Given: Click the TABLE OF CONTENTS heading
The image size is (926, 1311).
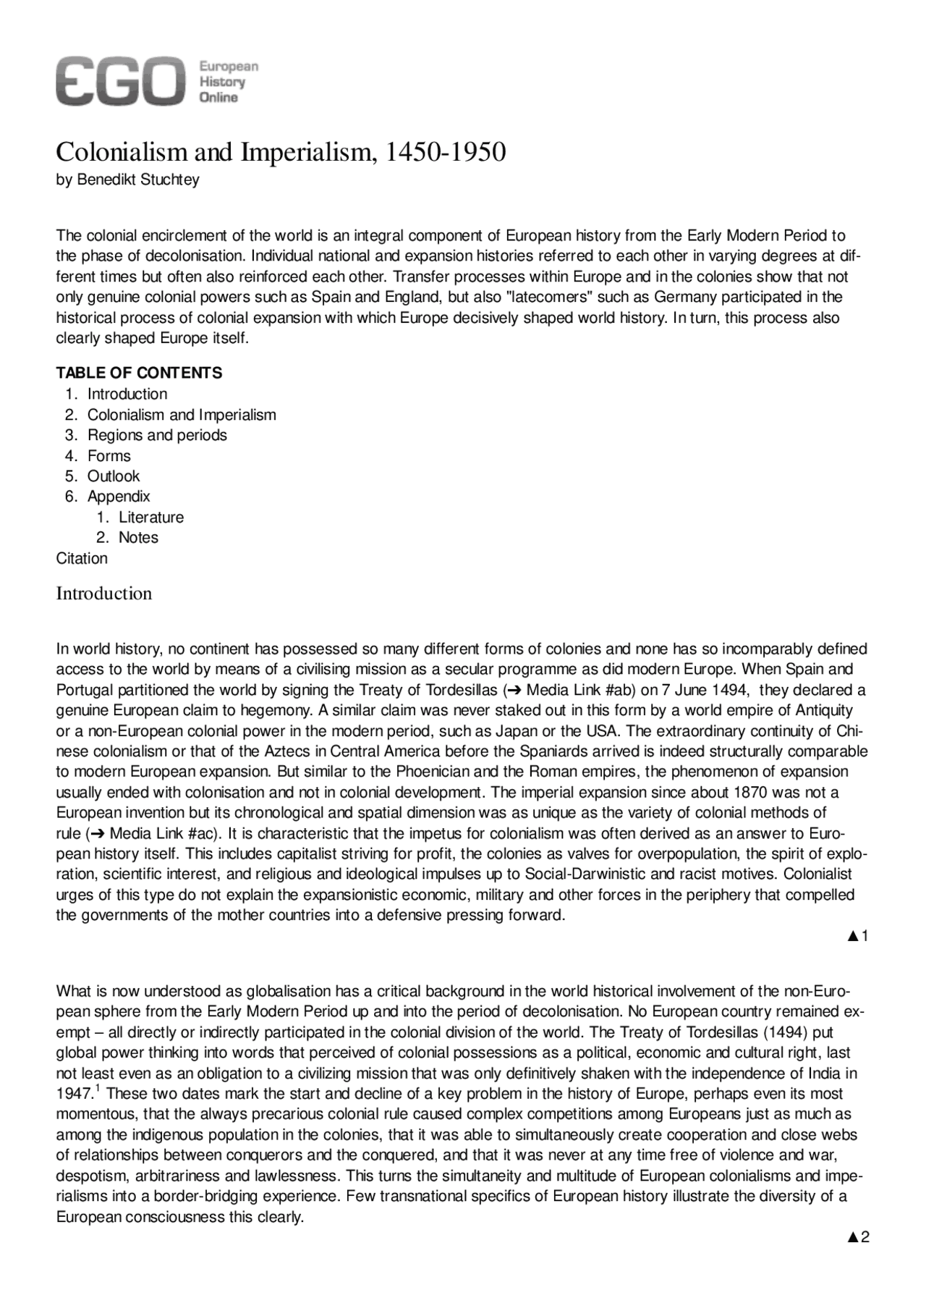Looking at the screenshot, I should pyautogui.click(x=139, y=373).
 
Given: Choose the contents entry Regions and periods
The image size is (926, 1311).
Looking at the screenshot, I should pyautogui.click(x=157, y=435).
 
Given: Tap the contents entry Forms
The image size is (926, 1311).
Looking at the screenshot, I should pyautogui.click(x=109, y=455).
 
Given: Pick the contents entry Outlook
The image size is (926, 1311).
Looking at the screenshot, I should pyautogui.click(x=114, y=476).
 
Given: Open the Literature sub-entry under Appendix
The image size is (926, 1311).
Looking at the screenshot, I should pyautogui.click(x=151, y=517).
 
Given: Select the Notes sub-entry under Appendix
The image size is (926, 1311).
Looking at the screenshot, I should pyautogui.click(x=138, y=537).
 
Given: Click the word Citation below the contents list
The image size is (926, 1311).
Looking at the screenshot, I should pyautogui.click(x=82, y=558).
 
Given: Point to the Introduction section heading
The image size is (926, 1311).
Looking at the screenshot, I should pyautogui.click(x=104, y=594).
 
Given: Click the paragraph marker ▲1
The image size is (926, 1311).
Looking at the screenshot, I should pyautogui.click(x=858, y=936).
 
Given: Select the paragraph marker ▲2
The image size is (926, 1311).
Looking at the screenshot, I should pyautogui.click(x=858, y=1237).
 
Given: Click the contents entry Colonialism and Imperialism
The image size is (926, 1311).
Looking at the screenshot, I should pyautogui.click(x=182, y=415).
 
